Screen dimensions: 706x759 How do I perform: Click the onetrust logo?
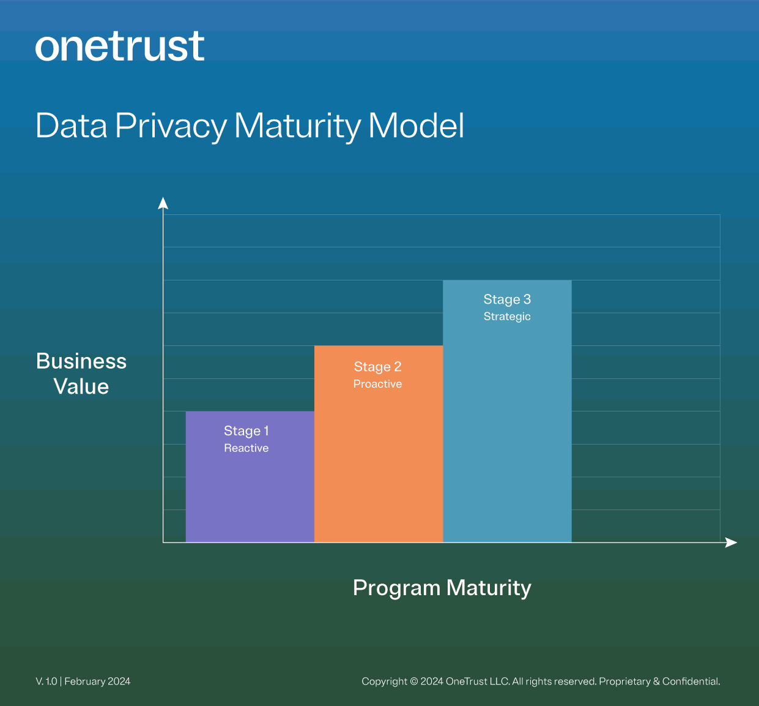tap(120, 47)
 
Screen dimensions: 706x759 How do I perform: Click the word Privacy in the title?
tap(171, 126)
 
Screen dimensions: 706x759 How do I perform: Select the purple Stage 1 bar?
tap(250, 490)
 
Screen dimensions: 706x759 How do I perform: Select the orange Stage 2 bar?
tap(378, 465)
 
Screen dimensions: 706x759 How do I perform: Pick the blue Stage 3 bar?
tap(507, 429)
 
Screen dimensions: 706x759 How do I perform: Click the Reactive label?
tap(246, 448)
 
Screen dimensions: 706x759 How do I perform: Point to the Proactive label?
tap(377, 384)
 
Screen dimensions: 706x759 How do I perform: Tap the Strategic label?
tap(507, 317)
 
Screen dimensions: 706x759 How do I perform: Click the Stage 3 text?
tap(507, 299)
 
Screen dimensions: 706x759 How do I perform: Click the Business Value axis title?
tap(81, 374)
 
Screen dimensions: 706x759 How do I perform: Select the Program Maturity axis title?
tap(442, 588)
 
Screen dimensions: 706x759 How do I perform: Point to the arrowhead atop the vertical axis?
tap(163, 203)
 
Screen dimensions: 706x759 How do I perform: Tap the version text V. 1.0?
tap(46, 682)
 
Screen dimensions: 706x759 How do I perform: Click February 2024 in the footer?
tap(97, 682)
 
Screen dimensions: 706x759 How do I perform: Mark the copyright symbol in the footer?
tap(413, 682)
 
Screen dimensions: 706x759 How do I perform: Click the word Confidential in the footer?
tap(691, 682)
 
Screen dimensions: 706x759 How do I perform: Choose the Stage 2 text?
tap(377, 367)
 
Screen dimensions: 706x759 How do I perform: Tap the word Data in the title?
tap(71, 126)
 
